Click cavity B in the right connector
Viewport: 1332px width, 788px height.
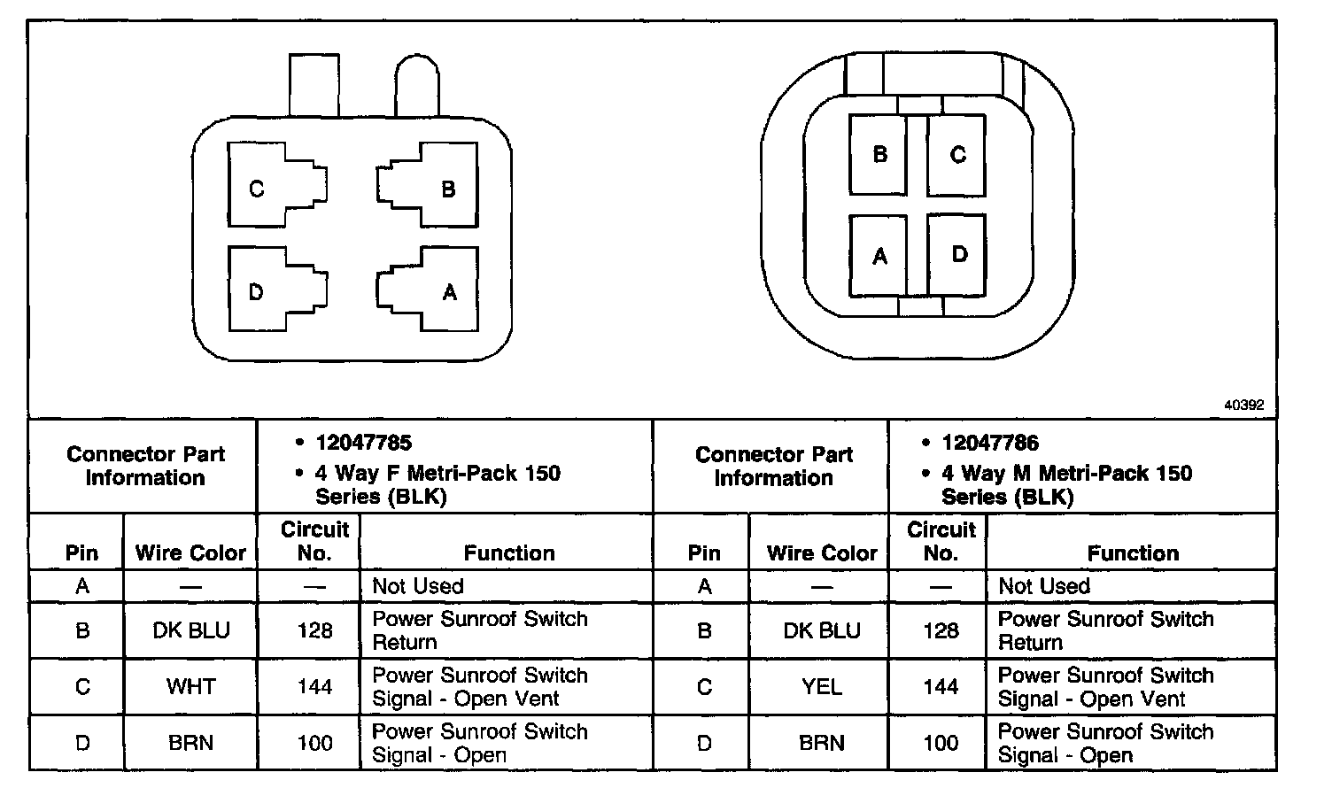(878, 155)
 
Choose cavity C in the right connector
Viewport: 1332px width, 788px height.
(956, 155)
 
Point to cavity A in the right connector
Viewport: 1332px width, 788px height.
(878, 256)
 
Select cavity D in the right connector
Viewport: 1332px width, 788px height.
(956, 256)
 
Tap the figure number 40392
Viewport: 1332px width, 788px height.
(1243, 405)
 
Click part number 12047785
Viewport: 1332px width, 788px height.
(364, 443)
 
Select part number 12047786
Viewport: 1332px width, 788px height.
(990, 443)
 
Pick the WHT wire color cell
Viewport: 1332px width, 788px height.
(190, 686)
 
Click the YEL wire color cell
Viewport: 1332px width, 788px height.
(821, 686)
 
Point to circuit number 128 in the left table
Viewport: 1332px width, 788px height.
(314, 630)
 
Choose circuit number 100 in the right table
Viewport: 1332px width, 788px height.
(941, 743)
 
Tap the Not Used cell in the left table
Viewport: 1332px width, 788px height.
(418, 586)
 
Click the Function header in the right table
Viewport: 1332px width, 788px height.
(1133, 553)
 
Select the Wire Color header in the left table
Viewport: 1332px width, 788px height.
(190, 553)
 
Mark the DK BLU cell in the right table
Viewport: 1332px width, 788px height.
(821, 630)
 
